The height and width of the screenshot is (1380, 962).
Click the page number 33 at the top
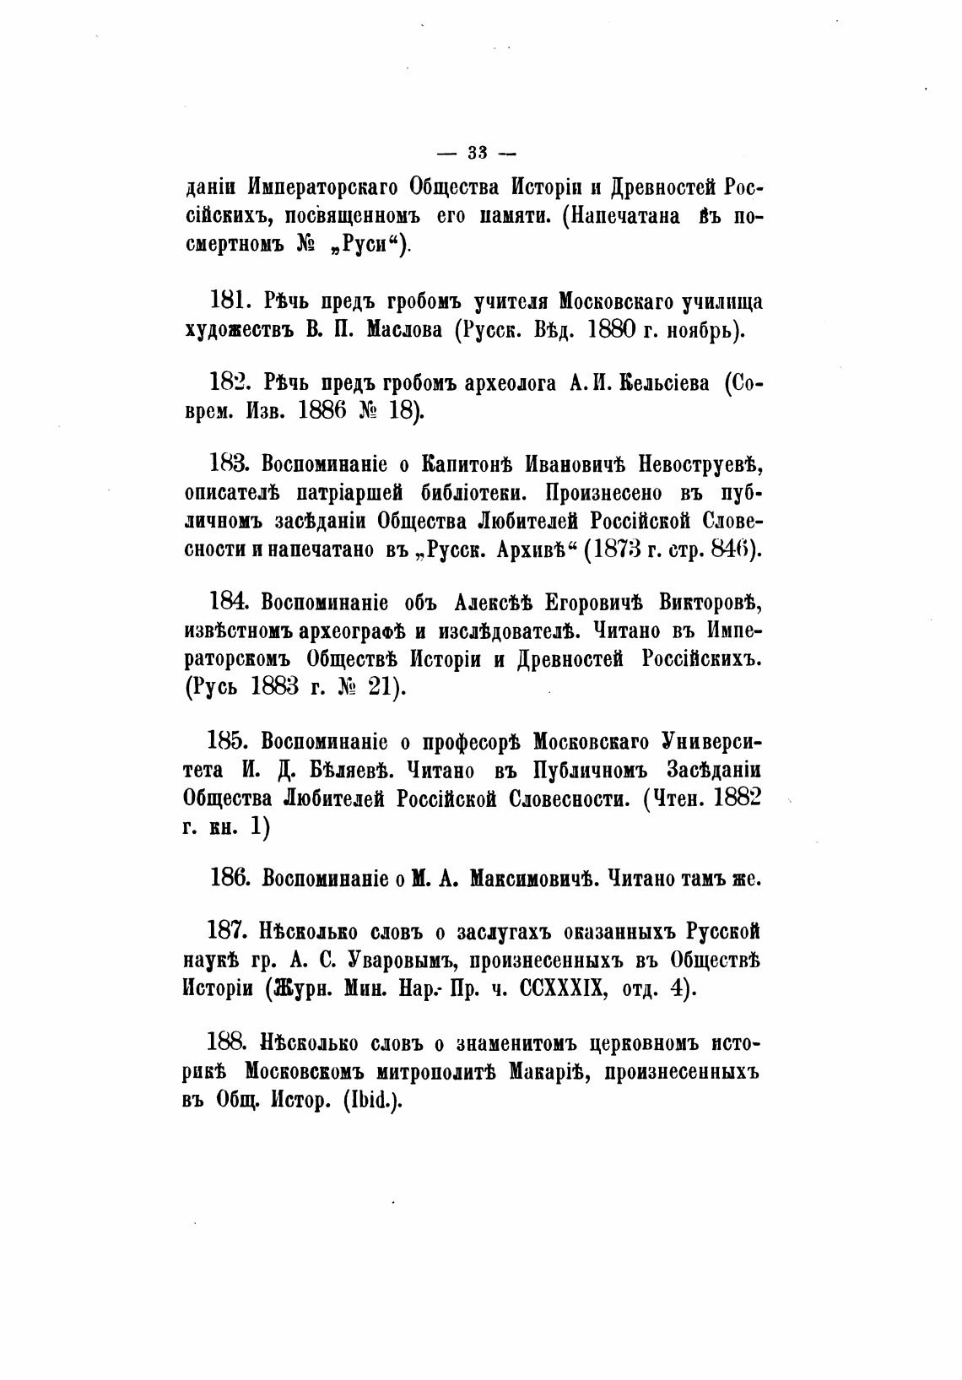pos(477,153)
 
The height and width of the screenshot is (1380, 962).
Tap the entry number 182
pos(228,383)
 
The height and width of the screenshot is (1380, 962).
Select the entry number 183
pos(228,464)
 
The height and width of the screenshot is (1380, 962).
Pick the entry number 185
pos(228,741)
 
